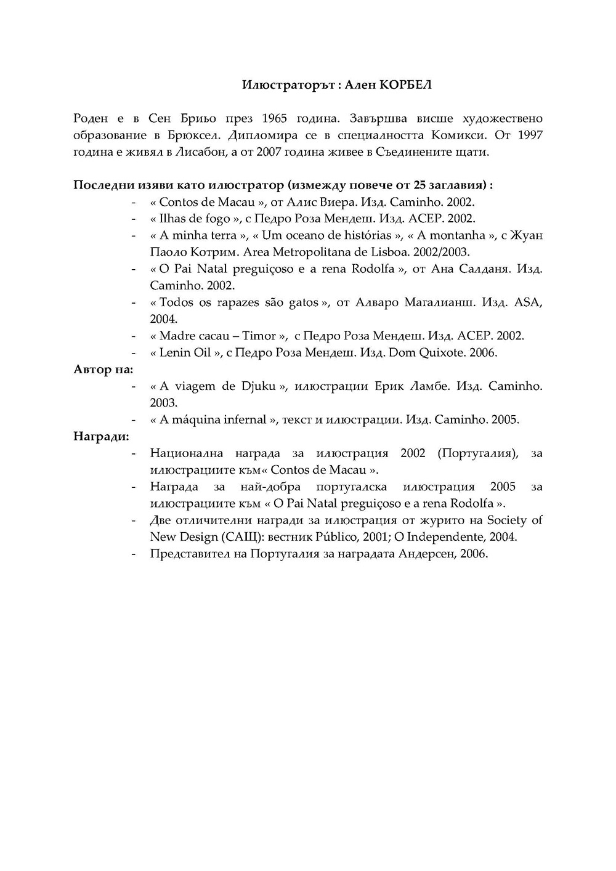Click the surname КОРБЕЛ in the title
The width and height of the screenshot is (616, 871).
tap(406, 84)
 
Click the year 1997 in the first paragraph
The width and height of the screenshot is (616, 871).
tap(530, 135)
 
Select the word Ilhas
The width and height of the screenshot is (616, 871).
tap(172, 219)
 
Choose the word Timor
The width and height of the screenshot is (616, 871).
tap(259, 336)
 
